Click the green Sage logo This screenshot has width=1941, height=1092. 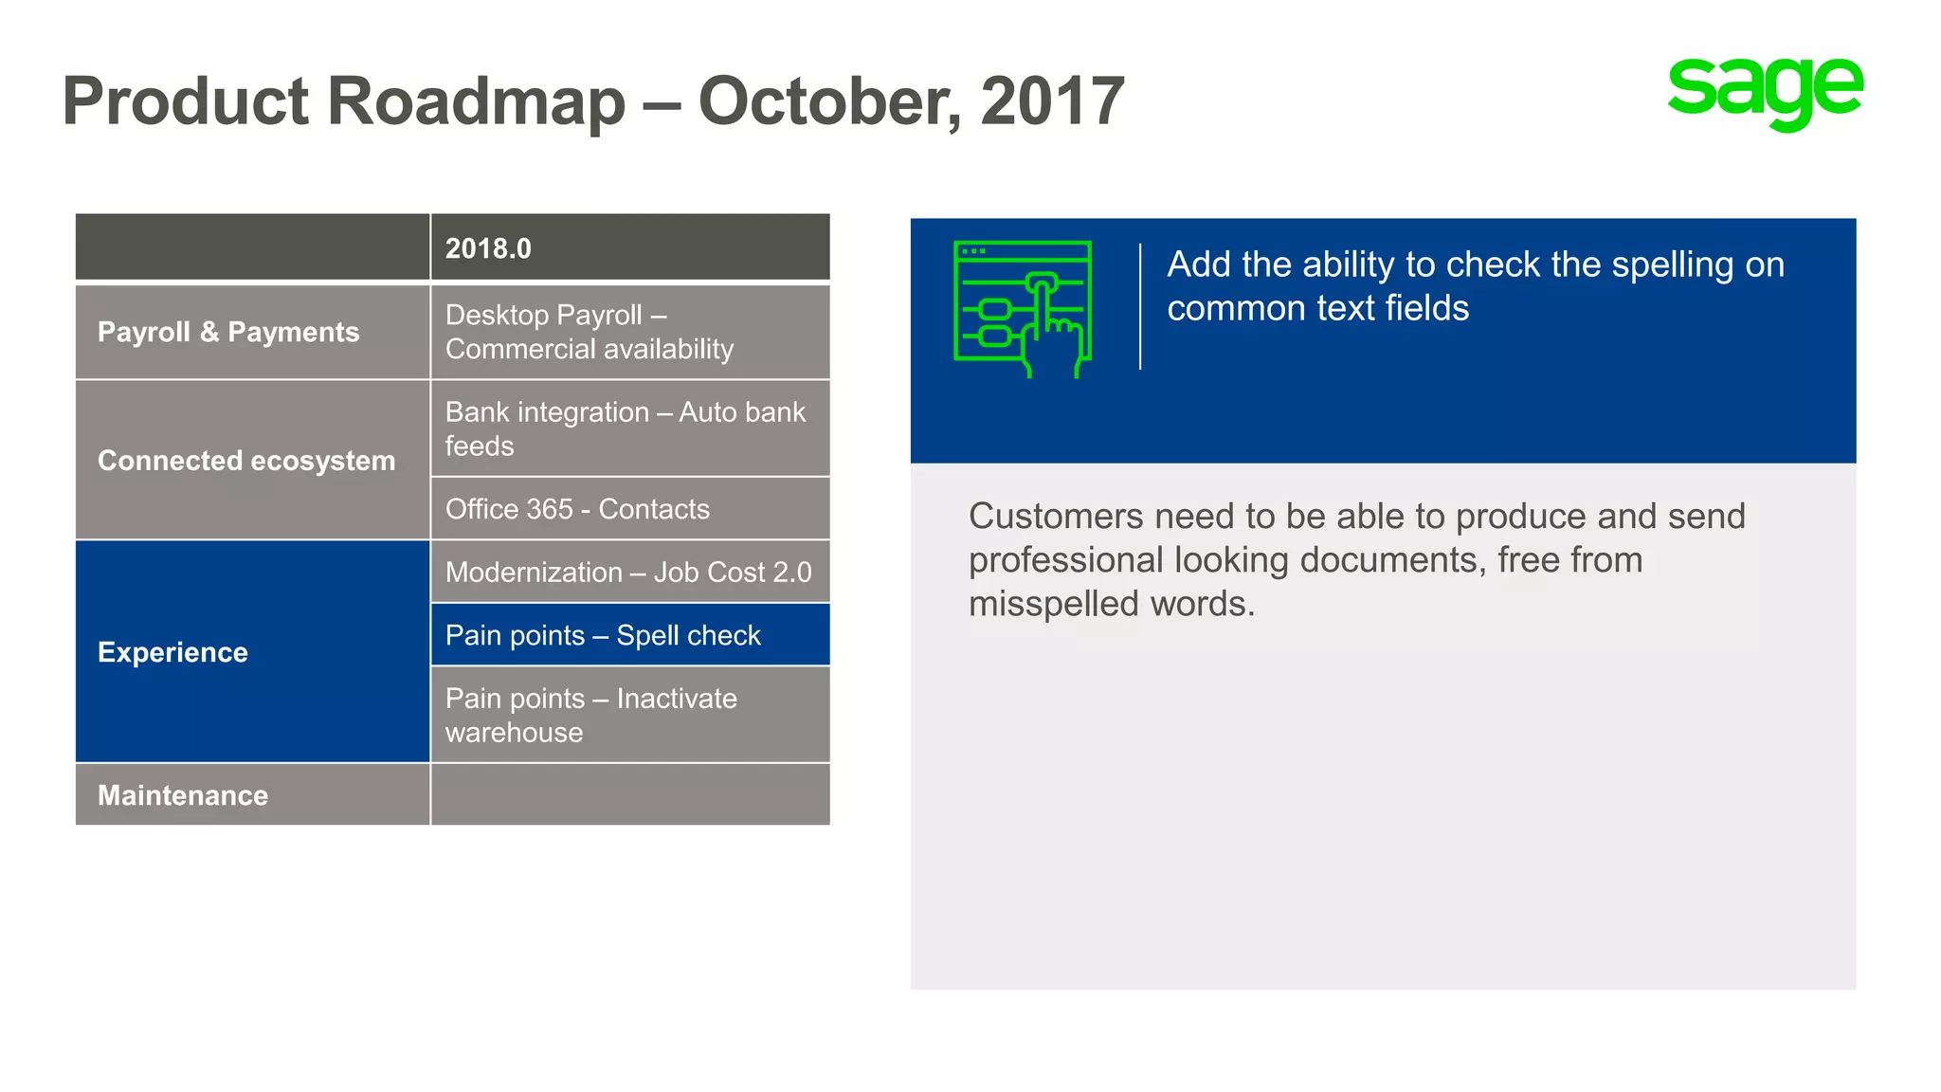coord(1765,92)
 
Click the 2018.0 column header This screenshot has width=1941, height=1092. coord(488,248)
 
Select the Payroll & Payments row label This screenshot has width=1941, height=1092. coord(228,332)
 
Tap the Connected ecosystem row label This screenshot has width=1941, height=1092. coord(246,461)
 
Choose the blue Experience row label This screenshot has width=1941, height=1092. coord(173,652)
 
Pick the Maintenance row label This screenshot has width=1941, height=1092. coord(183,795)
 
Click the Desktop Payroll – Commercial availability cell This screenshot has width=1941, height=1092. coord(590,332)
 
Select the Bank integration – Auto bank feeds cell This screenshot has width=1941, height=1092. coord(626,428)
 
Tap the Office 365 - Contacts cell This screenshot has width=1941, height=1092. coord(577,509)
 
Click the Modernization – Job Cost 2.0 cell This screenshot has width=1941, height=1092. coord(628,573)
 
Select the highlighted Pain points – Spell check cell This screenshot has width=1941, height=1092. coord(604,635)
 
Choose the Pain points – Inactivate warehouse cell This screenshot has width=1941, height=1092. coord(591,715)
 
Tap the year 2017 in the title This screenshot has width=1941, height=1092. coord(1052,101)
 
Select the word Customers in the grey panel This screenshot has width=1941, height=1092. coord(1056,517)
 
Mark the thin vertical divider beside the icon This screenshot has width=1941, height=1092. coord(1140,306)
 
